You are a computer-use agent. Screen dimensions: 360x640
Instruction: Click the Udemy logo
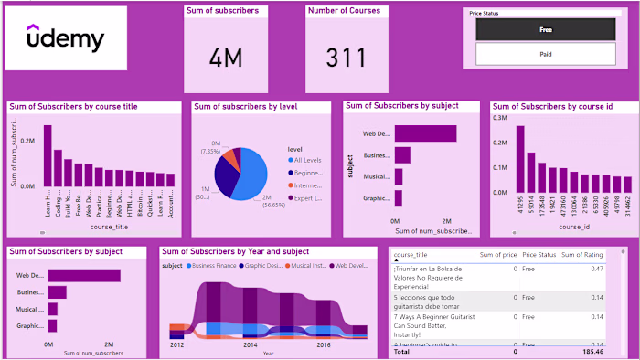pyautogui.click(x=65, y=40)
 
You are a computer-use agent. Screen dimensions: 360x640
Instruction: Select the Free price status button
pyautogui.click(x=545, y=29)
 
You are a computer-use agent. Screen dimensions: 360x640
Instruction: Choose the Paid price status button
pyautogui.click(x=545, y=54)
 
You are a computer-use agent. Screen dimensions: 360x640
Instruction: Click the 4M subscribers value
pyautogui.click(x=225, y=58)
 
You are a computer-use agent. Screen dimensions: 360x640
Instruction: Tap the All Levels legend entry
pyautogui.click(x=307, y=160)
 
